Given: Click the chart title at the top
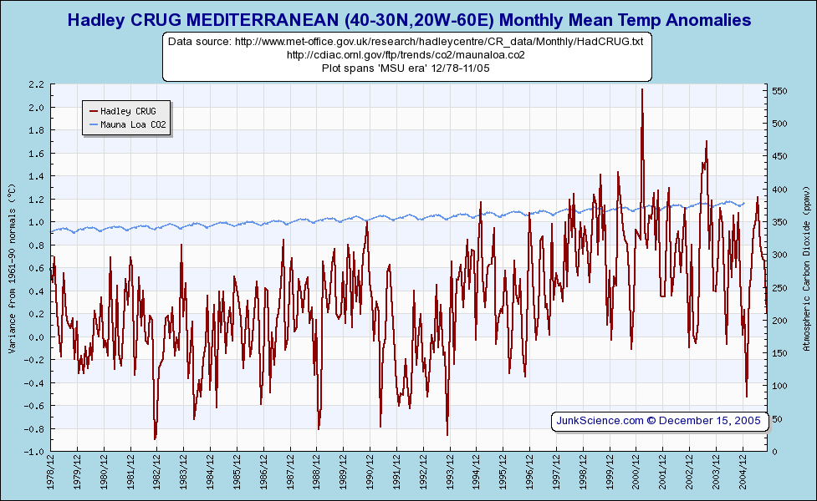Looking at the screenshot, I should click(408, 19).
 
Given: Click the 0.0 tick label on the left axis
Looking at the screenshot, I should click(36, 337).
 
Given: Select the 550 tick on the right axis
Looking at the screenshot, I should click(780, 91).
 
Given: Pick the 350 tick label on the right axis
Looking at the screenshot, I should click(780, 222).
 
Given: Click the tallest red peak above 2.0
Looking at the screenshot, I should click(641, 90).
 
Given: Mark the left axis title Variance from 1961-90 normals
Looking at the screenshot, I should click(12, 267).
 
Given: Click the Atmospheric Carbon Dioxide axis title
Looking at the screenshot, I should click(807, 267).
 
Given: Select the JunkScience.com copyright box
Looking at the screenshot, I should click(659, 421).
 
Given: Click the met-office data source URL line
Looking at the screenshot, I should click(405, 41).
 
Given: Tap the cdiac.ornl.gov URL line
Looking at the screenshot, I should click(406, 54).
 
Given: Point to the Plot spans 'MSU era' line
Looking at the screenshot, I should click(405, 68).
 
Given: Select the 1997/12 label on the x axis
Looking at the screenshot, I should click(557, 471).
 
